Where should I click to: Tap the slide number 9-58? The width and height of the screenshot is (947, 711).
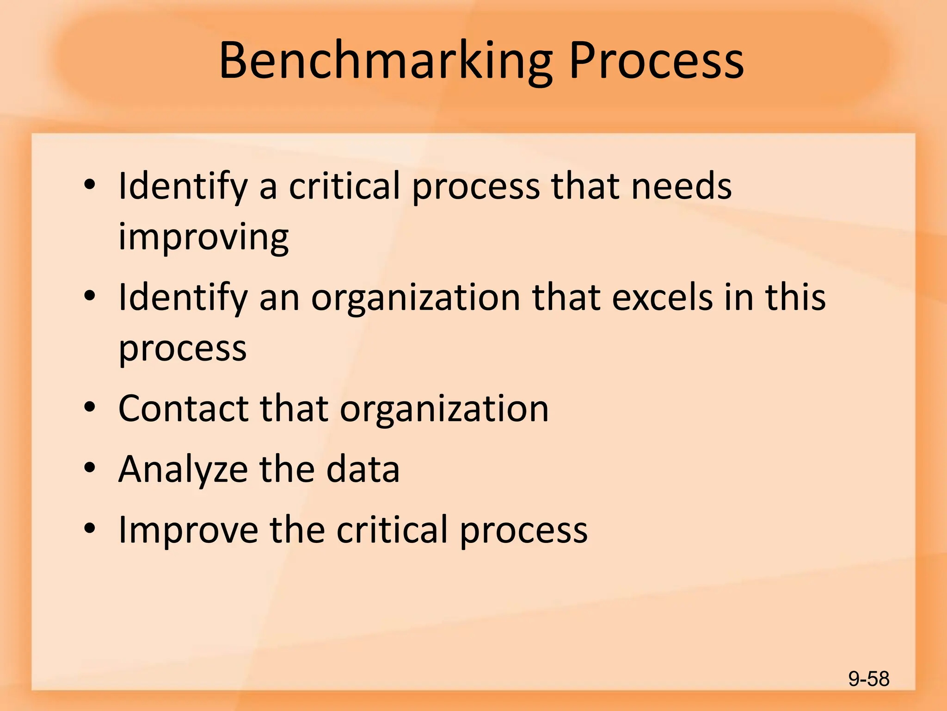[x=869, y=679]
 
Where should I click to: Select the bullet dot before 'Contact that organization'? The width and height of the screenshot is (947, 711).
[x=90, y=407]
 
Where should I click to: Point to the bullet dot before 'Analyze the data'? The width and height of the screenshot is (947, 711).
[x=90, y=468]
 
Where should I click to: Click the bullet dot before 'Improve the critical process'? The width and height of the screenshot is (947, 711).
[x=90, y=528]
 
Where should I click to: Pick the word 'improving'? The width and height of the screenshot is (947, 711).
[x=203, y=237]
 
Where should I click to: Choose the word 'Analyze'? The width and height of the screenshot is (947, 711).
[x=183, y=469]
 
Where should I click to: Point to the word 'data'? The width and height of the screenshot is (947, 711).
[x=363, y=469]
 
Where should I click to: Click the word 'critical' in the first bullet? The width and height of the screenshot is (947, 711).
[x=344, y=186]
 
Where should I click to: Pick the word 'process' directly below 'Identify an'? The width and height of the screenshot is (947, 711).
[x=183, y=348]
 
